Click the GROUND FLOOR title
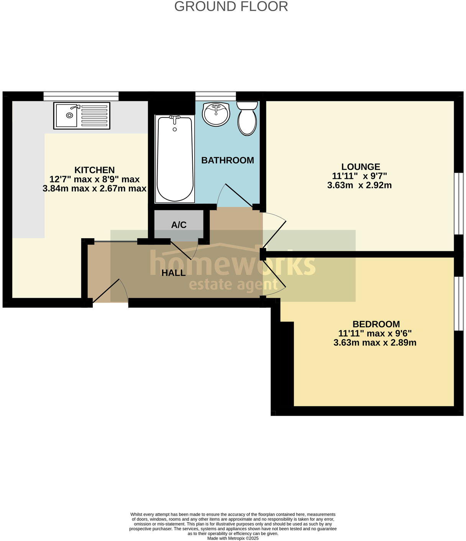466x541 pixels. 231,7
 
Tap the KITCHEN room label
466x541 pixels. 94,170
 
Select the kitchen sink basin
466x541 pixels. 67,115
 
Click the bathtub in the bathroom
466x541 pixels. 175,159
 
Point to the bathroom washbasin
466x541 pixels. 216,114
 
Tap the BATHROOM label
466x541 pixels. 228,160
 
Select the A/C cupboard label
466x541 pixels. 179,225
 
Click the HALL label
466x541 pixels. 174,273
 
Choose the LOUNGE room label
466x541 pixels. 361,167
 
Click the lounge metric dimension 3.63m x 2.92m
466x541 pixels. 359,185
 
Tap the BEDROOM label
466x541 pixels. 376,324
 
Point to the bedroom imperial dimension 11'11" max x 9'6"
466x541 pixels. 375,333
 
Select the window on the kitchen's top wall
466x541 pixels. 81,96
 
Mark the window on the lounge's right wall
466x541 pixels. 458,204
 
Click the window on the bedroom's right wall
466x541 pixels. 458,303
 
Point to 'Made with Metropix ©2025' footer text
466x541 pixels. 233,538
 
